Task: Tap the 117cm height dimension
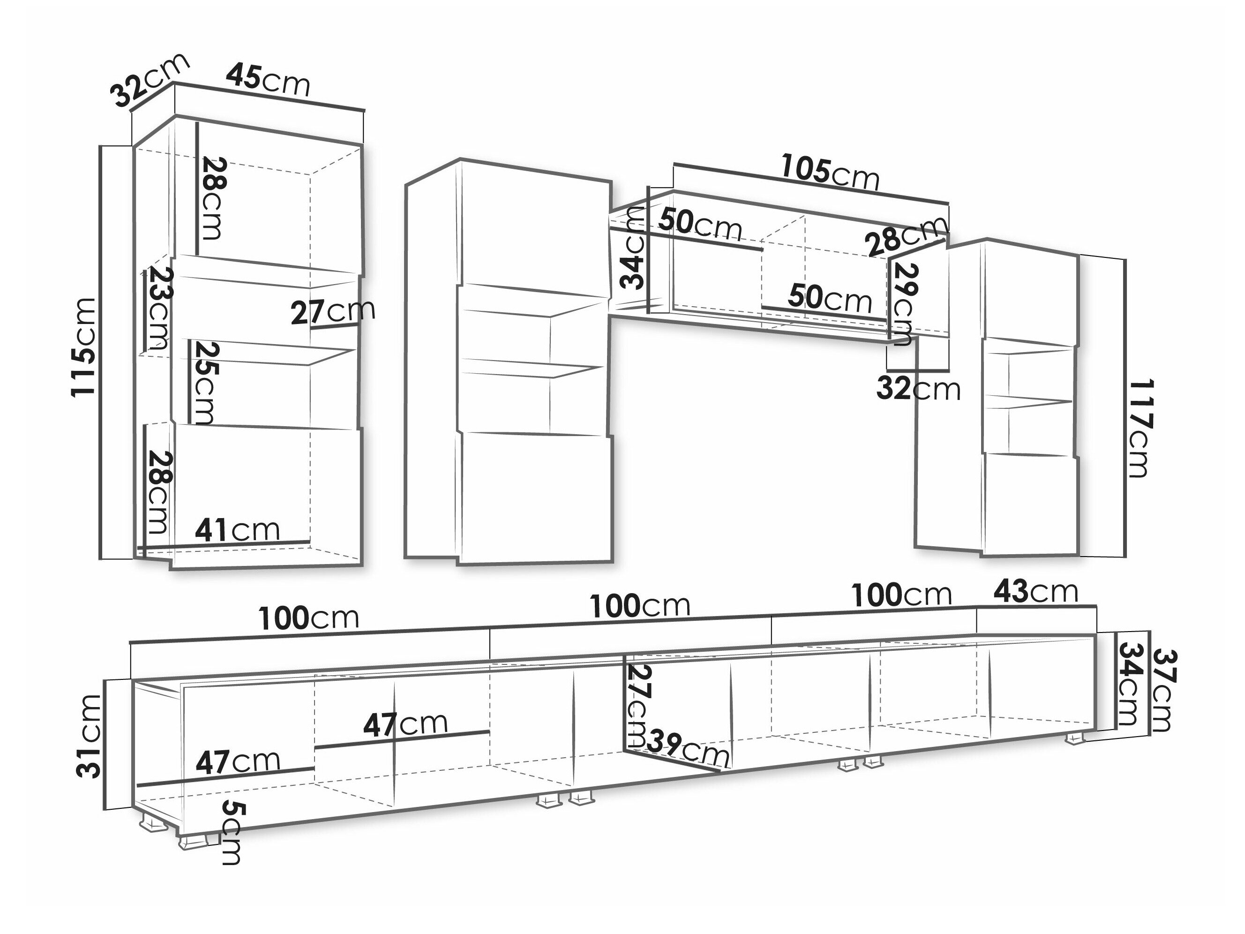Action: click(x=1140, y=429)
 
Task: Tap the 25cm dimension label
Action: click(x=202, y=382)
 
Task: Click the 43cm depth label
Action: click(x=1035, y=592)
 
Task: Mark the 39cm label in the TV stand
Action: click(x=687, y=749)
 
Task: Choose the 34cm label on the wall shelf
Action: click(x=633, y=248)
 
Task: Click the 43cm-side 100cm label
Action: click(x=901, y=595)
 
